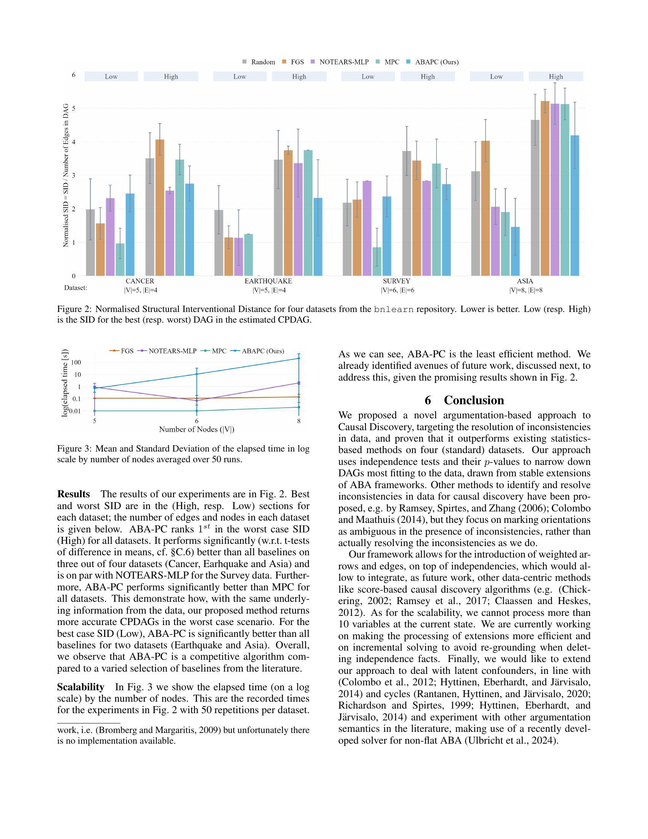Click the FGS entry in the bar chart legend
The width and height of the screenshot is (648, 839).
coord(297,62)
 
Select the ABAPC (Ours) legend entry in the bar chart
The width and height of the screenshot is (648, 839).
coord(436,62)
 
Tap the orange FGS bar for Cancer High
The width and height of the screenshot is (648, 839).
coord(160,207)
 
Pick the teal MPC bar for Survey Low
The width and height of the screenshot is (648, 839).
coord(377,261)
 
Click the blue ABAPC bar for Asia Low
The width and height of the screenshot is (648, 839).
coord(515,251)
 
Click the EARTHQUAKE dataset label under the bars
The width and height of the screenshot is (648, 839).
coord(268,281)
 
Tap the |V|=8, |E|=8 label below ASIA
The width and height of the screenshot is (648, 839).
coord(526,291)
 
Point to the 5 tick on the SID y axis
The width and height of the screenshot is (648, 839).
coord(74,108)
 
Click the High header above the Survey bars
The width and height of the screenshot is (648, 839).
coord(428,76)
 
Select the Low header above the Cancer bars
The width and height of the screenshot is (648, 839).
coord(111,76)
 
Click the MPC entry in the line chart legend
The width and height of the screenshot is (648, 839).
coord(219,351)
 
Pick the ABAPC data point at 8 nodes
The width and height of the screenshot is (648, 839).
coord(299,358)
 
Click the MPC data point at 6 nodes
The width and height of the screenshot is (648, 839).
coord(197,411)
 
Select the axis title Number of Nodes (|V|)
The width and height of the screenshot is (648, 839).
coord(197,429)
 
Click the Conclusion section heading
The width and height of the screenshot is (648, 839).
coord(464,400)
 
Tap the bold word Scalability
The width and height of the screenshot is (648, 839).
coord(80,687)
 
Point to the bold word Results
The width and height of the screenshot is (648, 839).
coord(73,494)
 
